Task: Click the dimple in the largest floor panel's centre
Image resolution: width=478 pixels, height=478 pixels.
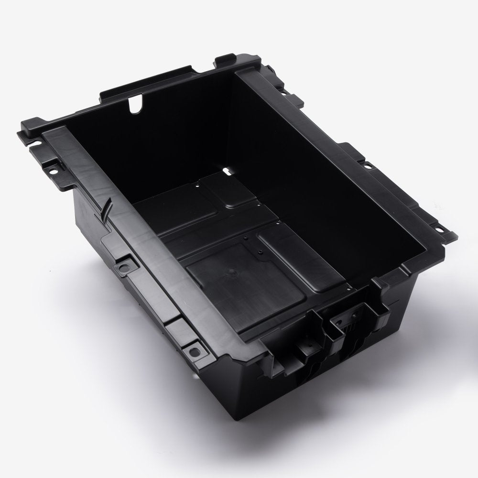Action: click(x=233, y=271)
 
